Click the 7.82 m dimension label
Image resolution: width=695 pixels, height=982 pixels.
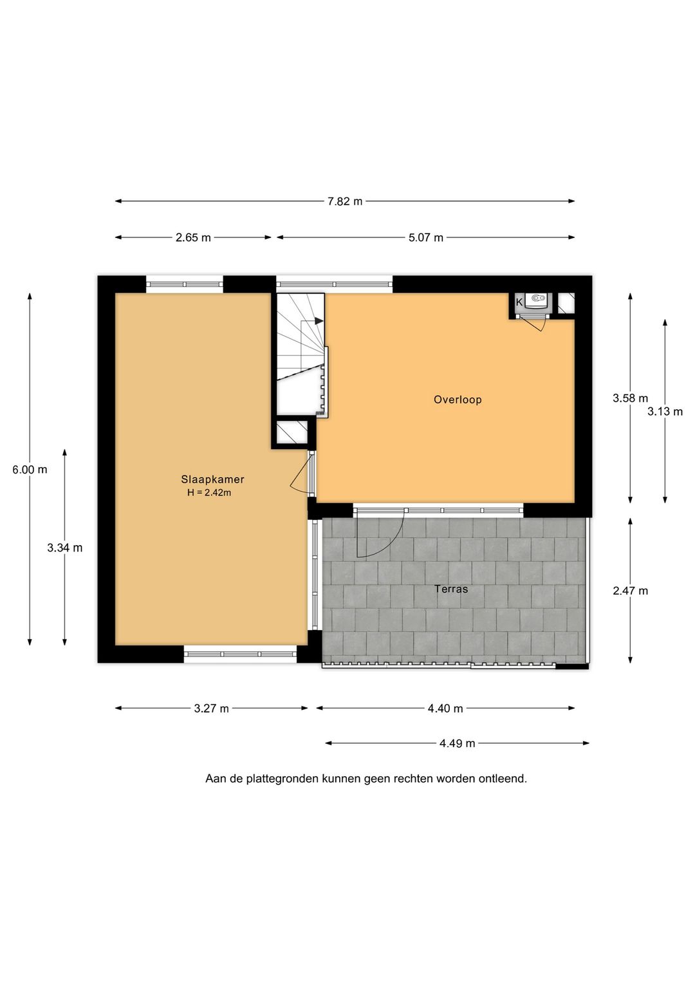(345, 201)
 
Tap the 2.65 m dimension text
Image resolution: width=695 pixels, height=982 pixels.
(193, 237)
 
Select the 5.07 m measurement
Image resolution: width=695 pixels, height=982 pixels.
(426, 237)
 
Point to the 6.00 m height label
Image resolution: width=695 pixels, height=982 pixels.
(30, 470)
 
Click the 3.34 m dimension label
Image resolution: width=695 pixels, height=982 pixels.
(65, 548)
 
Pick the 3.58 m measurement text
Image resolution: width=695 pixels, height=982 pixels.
(630, 398)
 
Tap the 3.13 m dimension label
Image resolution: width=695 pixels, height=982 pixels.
(665, 411)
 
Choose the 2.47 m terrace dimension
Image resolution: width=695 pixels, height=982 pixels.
(630, 591)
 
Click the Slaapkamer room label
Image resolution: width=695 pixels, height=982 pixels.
(212, 479)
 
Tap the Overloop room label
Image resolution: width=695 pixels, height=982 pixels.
(458, 400)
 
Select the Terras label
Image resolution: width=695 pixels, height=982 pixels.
(451, 589)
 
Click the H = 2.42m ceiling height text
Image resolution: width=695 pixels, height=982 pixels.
(209, 492)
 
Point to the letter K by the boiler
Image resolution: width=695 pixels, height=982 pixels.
(519, 302)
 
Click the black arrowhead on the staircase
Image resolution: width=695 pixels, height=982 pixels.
(319, 321)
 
